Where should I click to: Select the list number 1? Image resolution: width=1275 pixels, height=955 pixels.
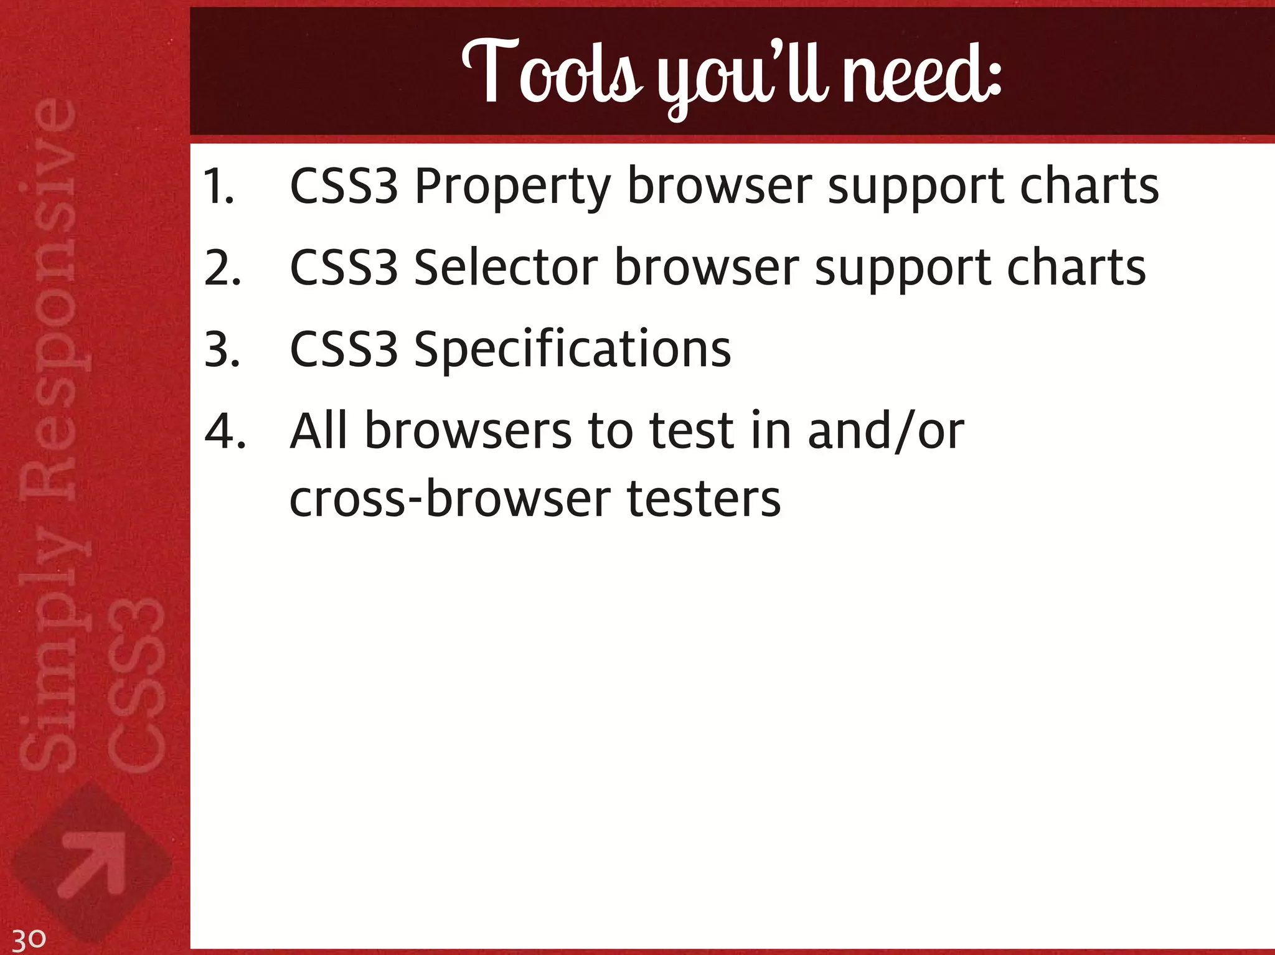pyautogui.click(x=219, y=186)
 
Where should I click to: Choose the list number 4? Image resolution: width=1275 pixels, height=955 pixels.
pyautogui.click(x=225, y=431)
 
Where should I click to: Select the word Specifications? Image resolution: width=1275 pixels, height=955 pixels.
pyautogui.click(x=572, y=350)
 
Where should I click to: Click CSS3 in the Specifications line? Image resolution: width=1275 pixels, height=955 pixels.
pyautogui.click(x=344, y=350)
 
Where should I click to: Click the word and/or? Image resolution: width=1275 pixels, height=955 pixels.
pyautogui.click(x=886, y=431)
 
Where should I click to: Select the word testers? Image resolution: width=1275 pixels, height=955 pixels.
pyautogui.click(x=703, y=499)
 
